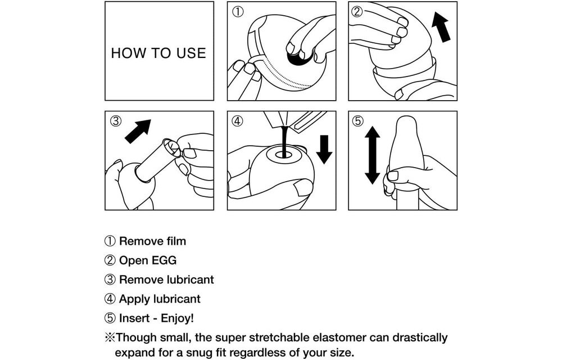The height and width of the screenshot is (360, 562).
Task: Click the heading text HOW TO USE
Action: tap(158, 53)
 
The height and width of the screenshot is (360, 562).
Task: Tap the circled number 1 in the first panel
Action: tap(238, 12)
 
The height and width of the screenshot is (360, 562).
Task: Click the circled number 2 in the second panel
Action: tap(357, 12)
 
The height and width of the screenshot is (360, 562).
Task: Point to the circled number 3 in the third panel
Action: tap(115, 121)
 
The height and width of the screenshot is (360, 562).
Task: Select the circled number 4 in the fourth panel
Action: tap(237, 121)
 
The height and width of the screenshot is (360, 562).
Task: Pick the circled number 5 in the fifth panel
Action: tap(358, 121)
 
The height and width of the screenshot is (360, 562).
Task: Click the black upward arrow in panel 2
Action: tap(441, 27)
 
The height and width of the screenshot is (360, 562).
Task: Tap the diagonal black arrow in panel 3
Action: tap(138, 131)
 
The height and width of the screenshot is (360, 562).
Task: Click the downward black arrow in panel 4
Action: tap(324, 149)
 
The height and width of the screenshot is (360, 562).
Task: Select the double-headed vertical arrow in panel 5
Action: tap(373, 155)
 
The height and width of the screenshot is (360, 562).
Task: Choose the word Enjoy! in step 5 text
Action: tap(177, 318)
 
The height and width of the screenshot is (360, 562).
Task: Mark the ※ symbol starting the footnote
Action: tap(110, 337)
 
